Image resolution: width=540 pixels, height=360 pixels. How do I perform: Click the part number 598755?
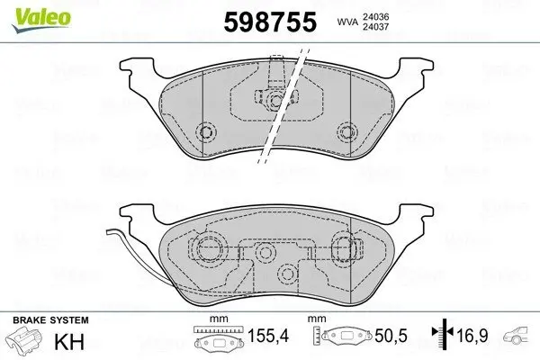coord(270,22)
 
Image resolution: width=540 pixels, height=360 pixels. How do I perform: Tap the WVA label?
coord(347,22)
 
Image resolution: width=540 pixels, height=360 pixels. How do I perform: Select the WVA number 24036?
coord(375,16)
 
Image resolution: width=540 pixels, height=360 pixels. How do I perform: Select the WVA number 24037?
coord(375,26)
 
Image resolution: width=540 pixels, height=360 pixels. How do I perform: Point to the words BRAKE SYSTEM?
coord(50,320)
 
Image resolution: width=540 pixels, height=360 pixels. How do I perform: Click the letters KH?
coord(69,342)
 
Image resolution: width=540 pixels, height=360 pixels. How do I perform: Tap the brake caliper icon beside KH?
coord(23,339)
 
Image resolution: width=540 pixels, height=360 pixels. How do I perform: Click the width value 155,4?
coord(268,336)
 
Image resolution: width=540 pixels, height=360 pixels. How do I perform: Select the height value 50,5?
coord(391,336)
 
